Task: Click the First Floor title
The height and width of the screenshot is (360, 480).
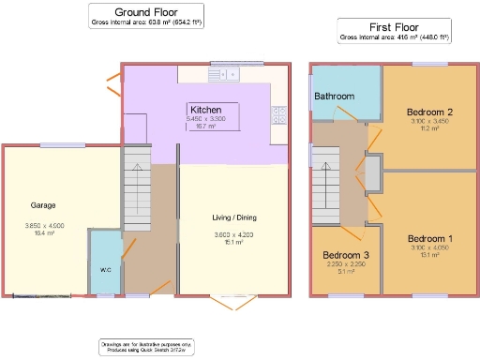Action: pyautogui.click(x=394, y=27)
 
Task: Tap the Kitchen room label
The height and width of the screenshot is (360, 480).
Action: pyautogui.click(x=205, y=109)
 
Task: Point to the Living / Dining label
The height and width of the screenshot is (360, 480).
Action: pyautogui.click(x=233, y=217)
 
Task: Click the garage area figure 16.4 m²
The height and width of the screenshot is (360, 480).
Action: pyautogui.click(x=44, y=232)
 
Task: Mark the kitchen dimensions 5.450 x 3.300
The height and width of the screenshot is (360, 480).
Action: pyautogui.click(x=206, y=118)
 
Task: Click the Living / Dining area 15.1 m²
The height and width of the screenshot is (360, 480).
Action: pyautogui.click(x=233, y=242)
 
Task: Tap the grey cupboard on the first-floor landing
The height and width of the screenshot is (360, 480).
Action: pyautogui.click(x=372, y=172)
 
